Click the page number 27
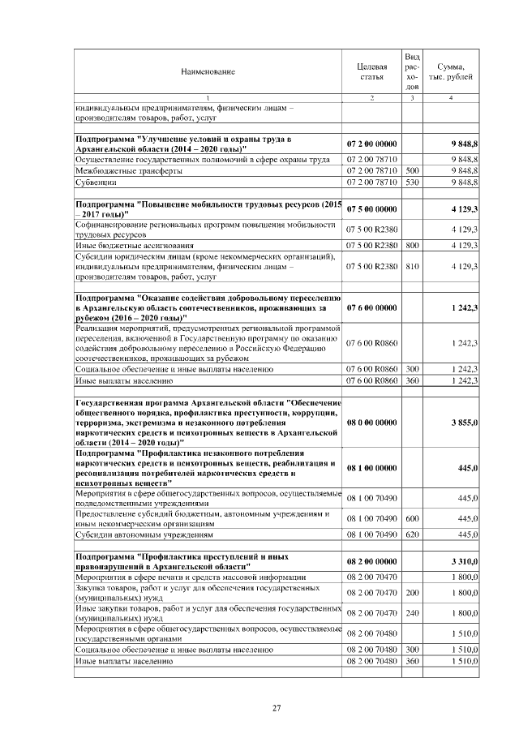point(276,709)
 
